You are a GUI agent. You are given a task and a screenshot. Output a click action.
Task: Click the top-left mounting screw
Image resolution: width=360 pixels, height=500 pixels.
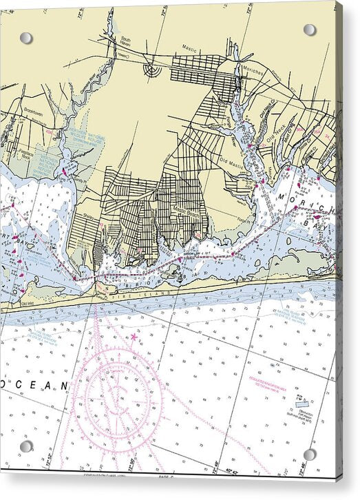tap(26, 38)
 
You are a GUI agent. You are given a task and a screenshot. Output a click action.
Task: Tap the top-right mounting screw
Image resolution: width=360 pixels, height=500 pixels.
tap(310, 30)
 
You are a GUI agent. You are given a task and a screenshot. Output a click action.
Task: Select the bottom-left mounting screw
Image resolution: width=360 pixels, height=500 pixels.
tap(26, 446)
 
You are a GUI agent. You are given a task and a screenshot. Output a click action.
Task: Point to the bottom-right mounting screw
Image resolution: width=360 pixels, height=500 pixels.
tap(310, 455)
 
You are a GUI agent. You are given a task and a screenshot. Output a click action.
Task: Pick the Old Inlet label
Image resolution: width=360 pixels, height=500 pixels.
tap(27, 304)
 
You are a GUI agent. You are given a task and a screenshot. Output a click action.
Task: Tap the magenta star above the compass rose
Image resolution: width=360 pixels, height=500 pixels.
tap(134, 337)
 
